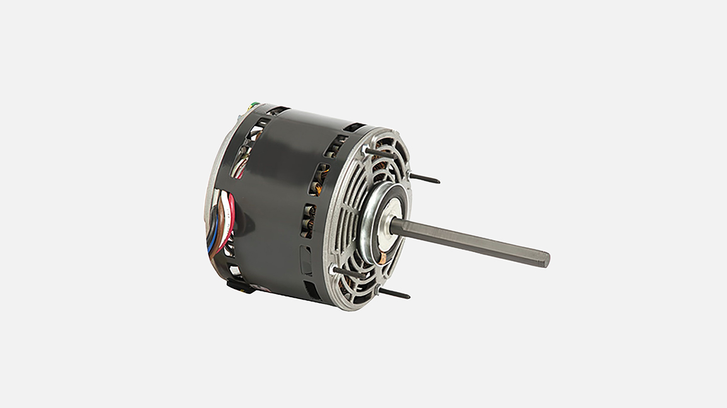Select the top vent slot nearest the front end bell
click(355, 127)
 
